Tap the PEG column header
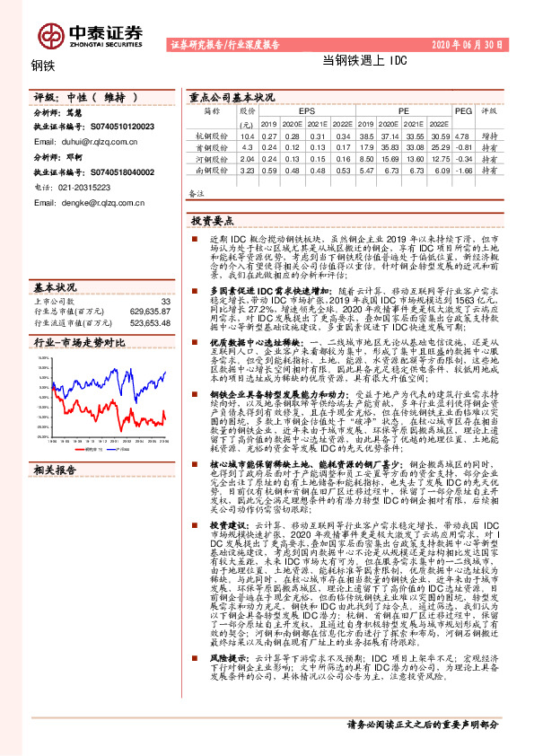pyautogui.click(x=462, y=111)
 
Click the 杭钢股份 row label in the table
pyautogui.click(x=212, y=134)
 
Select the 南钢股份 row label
pyautogui.click(x=212, y=168)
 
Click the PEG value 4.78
pyautogui.click(x=463, y=134)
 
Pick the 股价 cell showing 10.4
pyautogui.click(x=248, y=134)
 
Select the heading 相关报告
pyautogui.click(x=55, y=470)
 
